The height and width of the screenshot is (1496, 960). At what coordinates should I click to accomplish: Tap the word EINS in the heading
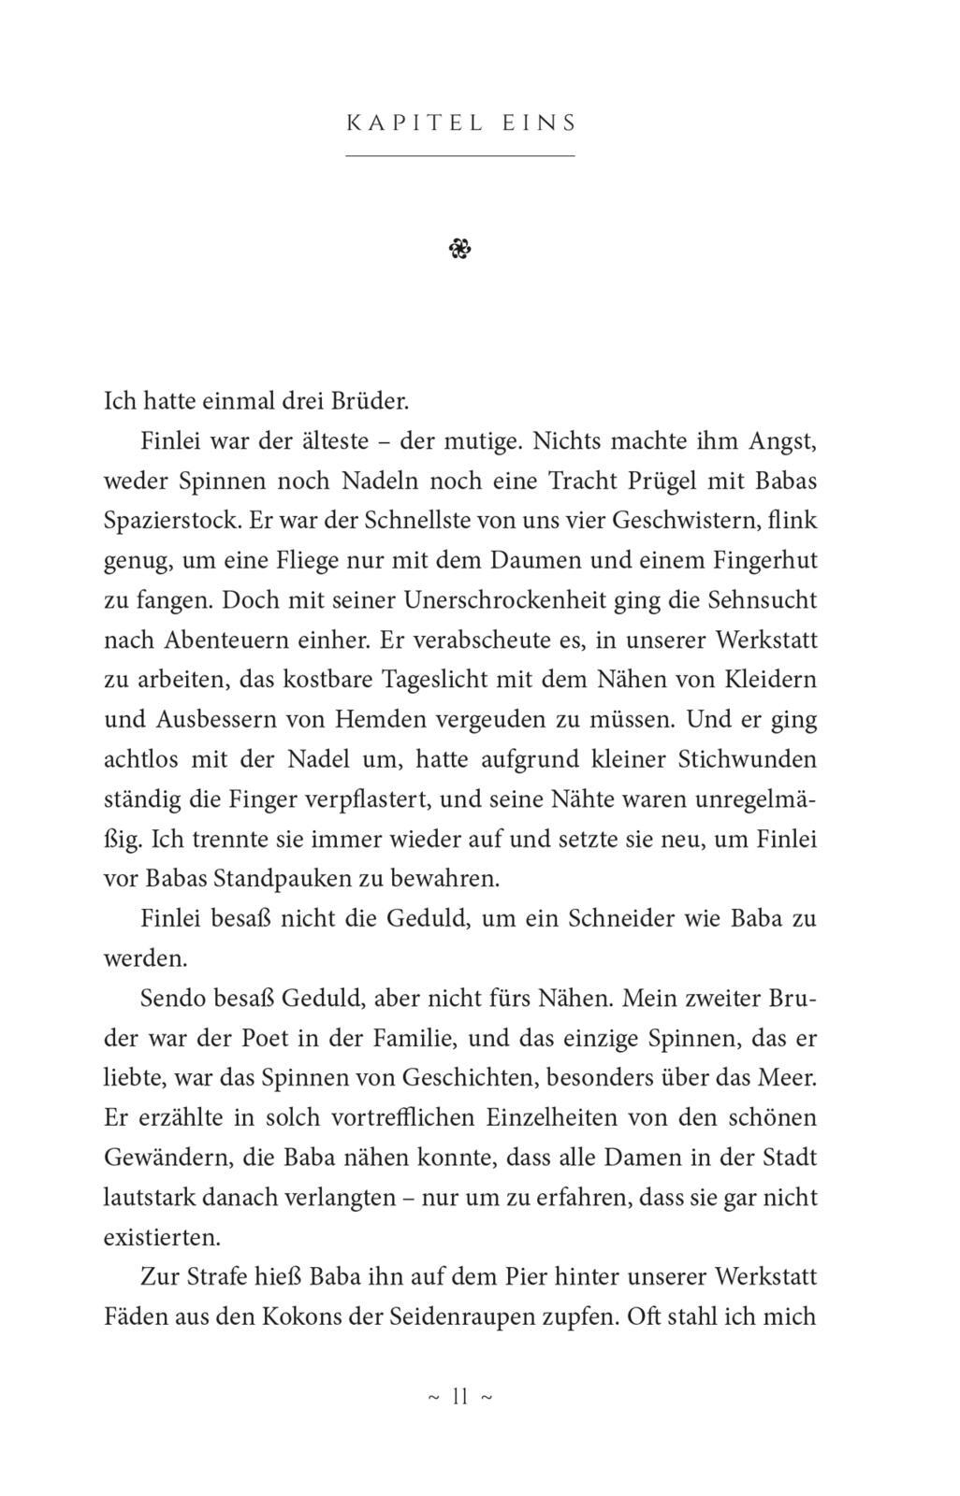(539, 122)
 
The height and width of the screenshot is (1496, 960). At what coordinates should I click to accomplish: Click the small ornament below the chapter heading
(460, 249)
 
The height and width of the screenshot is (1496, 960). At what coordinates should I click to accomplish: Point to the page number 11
(459, 1397)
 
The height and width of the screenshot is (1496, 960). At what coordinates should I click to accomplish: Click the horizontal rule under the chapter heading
(460, 155)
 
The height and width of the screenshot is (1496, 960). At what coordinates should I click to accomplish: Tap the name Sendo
(173, 998)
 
